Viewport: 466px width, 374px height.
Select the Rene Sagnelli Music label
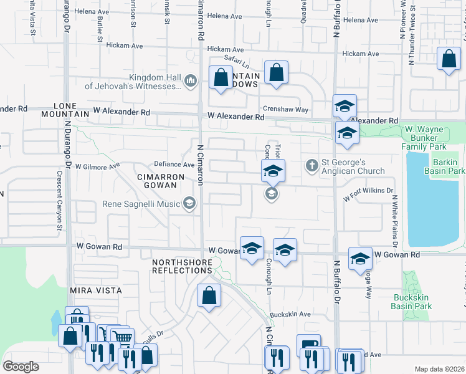pos(142,204)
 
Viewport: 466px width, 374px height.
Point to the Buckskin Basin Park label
pos(411,302)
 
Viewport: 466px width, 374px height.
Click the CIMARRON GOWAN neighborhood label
pos(161,181)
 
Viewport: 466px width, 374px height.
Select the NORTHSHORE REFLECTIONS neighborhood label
pos(182,267)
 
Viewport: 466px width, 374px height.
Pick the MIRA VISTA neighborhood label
pos(95,290)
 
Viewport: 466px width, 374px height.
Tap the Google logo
pos(21,367)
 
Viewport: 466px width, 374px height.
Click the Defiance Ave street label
pos(170,165)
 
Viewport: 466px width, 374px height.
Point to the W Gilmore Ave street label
pos(97,166)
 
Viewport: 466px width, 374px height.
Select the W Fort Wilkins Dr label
pos(369,193)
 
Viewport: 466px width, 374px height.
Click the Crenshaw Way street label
pos(285,110)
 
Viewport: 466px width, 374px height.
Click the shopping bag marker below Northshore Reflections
pos(209,295)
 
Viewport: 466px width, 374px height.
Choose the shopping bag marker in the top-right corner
pos(449,59)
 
